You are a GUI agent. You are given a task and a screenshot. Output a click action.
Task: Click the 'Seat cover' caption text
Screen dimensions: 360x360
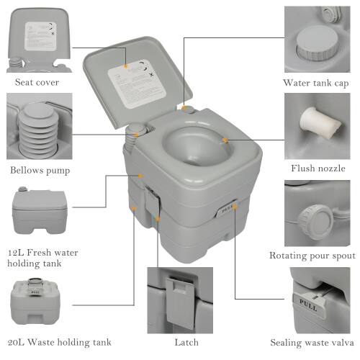point(37,81)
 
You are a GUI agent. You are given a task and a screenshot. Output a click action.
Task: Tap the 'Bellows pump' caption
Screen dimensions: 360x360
point(40,171)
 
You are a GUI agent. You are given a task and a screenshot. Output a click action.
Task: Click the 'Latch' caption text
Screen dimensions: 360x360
point(176,342)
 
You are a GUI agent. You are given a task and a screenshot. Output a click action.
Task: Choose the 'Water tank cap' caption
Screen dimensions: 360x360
point(316,84)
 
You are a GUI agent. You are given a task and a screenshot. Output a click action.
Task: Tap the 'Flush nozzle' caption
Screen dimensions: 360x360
point(318,168)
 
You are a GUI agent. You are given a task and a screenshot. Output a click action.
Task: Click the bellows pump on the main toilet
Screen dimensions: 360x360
point(135,132)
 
